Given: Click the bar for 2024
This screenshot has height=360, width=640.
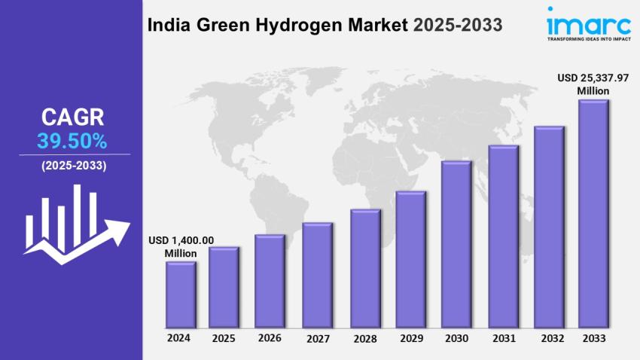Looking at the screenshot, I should (x=181, y=294).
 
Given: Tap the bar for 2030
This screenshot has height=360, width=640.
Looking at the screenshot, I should (x=456, y=245).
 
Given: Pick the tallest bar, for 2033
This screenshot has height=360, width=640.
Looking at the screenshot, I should (x=593, y=214).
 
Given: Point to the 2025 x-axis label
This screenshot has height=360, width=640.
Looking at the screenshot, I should (x=224, y=338).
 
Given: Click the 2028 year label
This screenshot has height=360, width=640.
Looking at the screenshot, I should (x=365, y=339).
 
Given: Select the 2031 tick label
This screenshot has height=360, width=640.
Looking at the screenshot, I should (x=503, y=339).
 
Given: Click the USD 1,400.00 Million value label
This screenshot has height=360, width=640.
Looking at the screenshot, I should (x=181, y=246).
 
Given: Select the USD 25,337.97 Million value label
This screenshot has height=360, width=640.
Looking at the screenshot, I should (x=593, y=84).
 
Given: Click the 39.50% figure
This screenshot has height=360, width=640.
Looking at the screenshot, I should (x=72, y=140).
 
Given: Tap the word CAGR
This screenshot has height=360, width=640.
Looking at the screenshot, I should (x=72, y=117).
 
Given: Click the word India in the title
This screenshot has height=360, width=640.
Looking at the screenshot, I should (x=167, y=25).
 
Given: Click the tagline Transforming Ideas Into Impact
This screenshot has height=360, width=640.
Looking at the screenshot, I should (x=589, y=38).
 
